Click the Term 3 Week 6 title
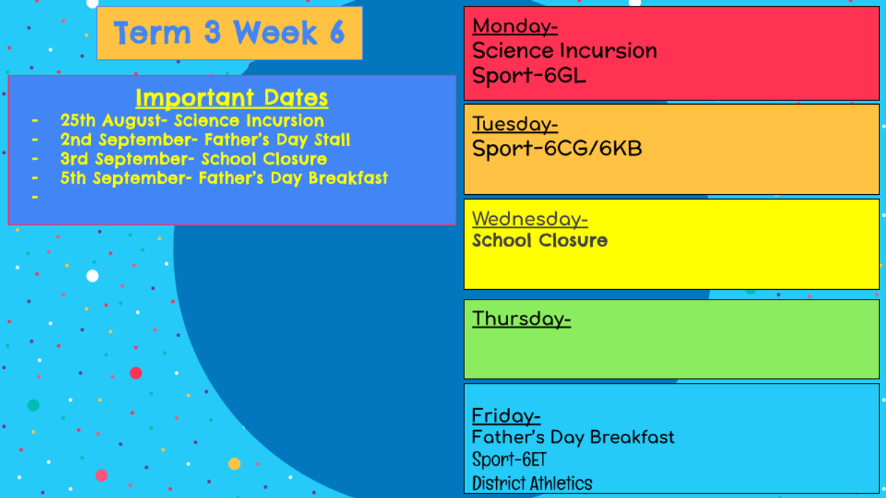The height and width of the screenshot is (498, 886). click(x=230, y=32)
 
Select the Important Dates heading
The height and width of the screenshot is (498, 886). click(x=232, y=97)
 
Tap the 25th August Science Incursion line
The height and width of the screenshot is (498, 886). click(x=192, y=120)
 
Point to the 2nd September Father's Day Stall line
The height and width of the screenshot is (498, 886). click(x=205, y=140)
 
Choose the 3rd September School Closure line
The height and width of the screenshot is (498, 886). click(x=193, y=159)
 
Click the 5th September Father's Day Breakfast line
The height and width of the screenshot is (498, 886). click(x=224, y=179)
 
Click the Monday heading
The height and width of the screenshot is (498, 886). click(x=515, y=27)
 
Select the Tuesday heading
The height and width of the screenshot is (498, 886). click(x=515, y=124)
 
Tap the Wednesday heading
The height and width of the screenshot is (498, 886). click(x=530, y=219)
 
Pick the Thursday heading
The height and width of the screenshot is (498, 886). click(x=521, y=319)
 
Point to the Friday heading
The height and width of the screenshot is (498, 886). click(x=506, y=416)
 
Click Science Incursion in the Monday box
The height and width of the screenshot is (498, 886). click(x=564, y=51)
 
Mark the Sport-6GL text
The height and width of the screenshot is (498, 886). click(x=529, y=75)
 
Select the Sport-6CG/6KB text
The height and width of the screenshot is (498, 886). click(x=557, y=148)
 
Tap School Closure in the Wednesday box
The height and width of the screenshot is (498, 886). click(x=540, y=241)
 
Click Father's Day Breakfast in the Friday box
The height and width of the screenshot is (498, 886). click(x=573, y=438)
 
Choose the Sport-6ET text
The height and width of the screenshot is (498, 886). click(x=509, y=460)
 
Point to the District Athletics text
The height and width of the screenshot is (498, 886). click(x=532, y=483)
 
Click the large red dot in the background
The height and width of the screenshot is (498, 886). click(x=136, y=373)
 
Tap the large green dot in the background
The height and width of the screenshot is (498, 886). click(x=33, y=405)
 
